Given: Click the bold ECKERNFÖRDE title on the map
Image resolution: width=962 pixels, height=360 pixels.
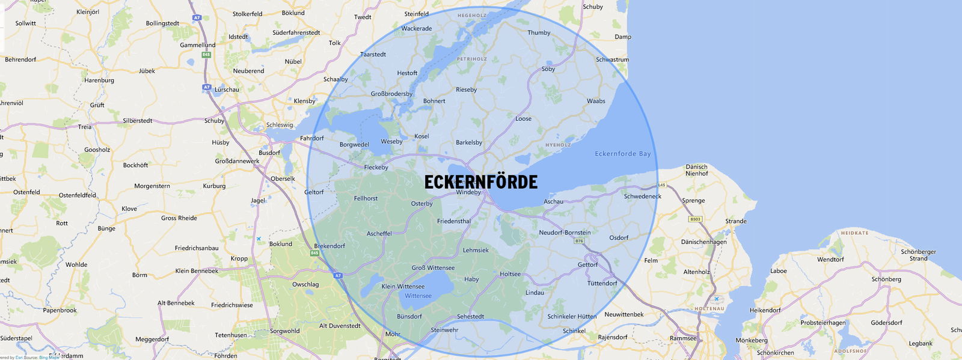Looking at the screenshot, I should [x=481, y=182].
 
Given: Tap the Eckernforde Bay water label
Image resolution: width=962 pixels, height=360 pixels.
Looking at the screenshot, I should [x=622, y=154].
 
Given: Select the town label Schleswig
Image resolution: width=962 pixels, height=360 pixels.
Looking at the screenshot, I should [x=280, y=125].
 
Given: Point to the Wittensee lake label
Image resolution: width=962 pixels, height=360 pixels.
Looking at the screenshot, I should [x=418, y=296].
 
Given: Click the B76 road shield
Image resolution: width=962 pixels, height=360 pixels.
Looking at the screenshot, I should [x=579, y=241].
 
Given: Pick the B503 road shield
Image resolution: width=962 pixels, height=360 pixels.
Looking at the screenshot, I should [x=695, y=219].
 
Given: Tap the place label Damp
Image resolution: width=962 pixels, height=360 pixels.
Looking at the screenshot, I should [x=623, y=37].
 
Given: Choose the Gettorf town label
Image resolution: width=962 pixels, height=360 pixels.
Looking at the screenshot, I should [x=587, y=264].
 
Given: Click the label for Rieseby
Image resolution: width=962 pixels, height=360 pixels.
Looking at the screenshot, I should [x=466, y=90].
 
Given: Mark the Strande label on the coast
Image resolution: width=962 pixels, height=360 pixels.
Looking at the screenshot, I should [x=735, y=221].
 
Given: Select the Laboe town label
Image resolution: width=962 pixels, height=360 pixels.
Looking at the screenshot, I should [x=778, y=271].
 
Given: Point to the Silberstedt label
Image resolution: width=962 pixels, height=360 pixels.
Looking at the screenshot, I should [x=137, y=121].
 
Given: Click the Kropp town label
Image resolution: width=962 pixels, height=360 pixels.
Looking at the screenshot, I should [x=239, y=258].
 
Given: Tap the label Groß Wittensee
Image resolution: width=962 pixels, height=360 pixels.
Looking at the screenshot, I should [x=433, y=268].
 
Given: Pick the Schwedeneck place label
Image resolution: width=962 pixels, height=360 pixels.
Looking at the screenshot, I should [x=642, y=197].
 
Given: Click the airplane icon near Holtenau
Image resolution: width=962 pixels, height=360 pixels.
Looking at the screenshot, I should [x=716, y=299].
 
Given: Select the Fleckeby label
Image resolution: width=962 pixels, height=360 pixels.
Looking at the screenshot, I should [x=376, y=168].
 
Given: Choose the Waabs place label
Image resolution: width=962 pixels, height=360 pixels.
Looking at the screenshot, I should [x=596, y=101].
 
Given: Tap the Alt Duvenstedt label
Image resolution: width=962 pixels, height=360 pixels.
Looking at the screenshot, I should [x=340, y=326].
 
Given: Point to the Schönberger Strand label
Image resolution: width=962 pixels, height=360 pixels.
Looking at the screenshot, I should [x=918, y=255].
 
